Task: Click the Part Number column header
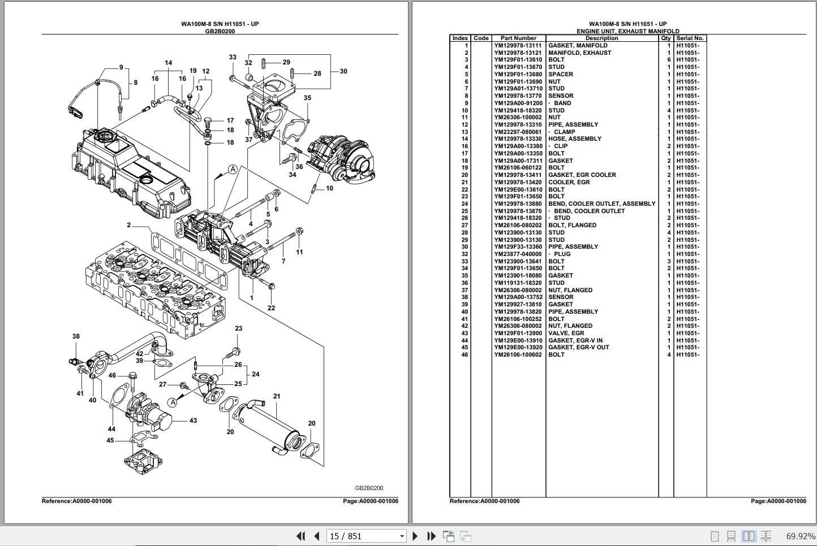pos(518,38)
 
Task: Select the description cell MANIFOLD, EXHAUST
pos(579,53)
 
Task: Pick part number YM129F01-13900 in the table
pos(518,333)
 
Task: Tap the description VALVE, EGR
pos(566,333)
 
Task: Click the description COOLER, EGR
pos(569,182)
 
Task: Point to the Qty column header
pos(666,38)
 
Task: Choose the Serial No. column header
pos(690,38)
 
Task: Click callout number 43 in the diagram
pos(193,421)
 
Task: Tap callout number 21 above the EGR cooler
pos(277,396)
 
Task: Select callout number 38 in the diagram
pos(76,336)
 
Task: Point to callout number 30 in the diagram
pos(343,71)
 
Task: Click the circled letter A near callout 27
pos(173,402)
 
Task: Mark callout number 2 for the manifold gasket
pos(129,225)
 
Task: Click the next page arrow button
pos(415,536)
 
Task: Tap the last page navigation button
pos(432,536)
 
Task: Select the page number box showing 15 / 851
pos(366,536)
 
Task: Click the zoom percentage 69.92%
pos(800,536)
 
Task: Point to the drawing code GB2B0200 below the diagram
pos(369,488)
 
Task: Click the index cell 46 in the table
pos(465,355)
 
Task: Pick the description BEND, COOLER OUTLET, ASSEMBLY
pos(602,204)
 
